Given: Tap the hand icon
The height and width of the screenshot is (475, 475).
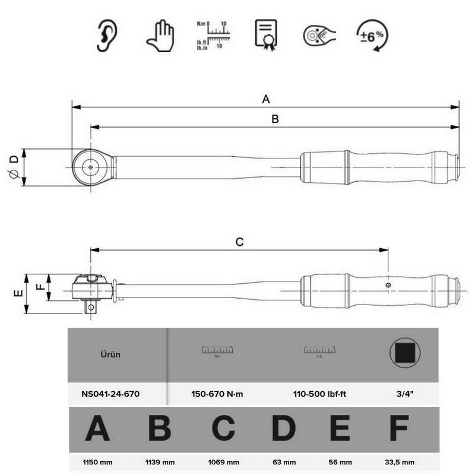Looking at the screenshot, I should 159,36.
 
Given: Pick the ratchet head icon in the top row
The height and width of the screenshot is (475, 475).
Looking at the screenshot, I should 318,36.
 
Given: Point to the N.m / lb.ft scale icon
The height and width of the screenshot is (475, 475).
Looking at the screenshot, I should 211,36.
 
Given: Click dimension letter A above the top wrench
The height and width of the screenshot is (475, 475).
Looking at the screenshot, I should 266,99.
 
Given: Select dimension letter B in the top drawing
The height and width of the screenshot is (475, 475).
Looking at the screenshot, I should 275,119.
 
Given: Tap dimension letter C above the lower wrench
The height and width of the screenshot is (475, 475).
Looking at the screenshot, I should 240,242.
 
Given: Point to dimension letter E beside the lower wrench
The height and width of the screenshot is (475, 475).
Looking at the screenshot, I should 17,294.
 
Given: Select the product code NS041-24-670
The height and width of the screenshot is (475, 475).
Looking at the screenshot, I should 111,393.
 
